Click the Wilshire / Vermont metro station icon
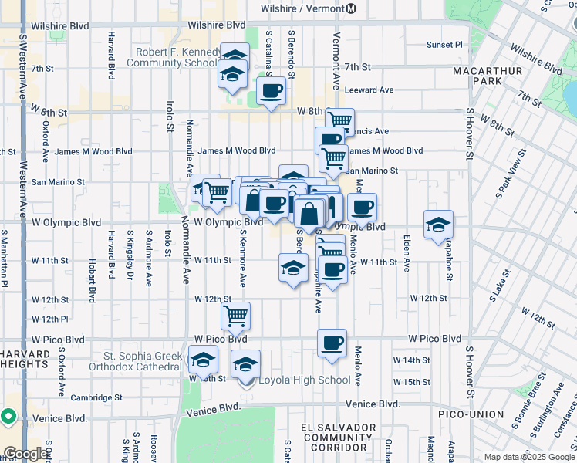(350, 8)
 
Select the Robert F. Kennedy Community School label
(177, 58)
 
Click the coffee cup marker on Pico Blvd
(332, 343)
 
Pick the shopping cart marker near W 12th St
(235, 315)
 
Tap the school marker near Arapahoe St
(438, 225)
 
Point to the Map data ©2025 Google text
(528, 457)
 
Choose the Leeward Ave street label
(369, 90)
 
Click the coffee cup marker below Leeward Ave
(271, 92)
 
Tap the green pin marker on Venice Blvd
(8, 417)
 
